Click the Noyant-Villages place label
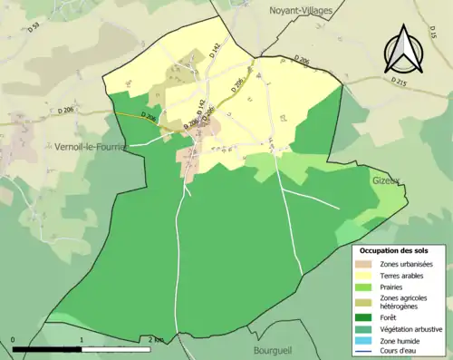pos(301,10)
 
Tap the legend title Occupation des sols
pos(394,250)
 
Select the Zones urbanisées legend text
pos(406,264)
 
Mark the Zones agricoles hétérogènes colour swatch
pos(366,302)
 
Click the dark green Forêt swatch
pos(366,316)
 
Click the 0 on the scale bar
pos(14,340)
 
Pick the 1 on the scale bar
pos(82,340)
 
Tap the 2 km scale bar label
pos(155,340)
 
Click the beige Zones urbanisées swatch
pos(366,264)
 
